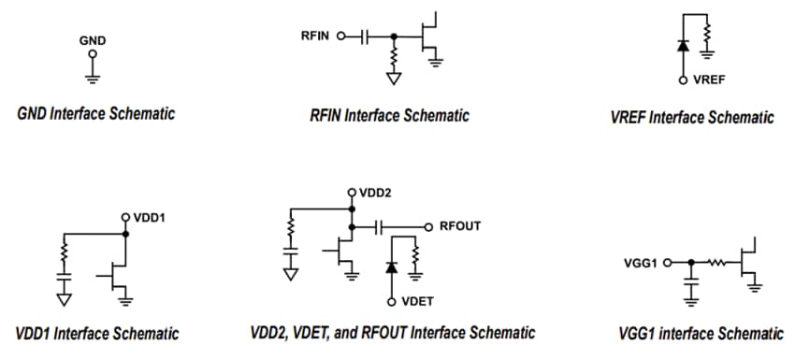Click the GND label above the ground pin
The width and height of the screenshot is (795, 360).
92,40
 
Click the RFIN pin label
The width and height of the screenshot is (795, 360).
314,36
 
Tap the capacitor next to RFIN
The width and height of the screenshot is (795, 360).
365,36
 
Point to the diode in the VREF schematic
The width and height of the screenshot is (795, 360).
683,45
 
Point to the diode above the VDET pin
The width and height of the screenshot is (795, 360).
391,267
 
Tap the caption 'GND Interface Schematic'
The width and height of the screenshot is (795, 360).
96,114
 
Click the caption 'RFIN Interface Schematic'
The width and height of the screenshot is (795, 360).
389,115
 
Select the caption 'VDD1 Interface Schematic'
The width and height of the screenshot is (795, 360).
97,333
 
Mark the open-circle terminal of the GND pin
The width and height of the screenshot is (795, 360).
92,52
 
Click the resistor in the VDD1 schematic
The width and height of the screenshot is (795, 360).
65,252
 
